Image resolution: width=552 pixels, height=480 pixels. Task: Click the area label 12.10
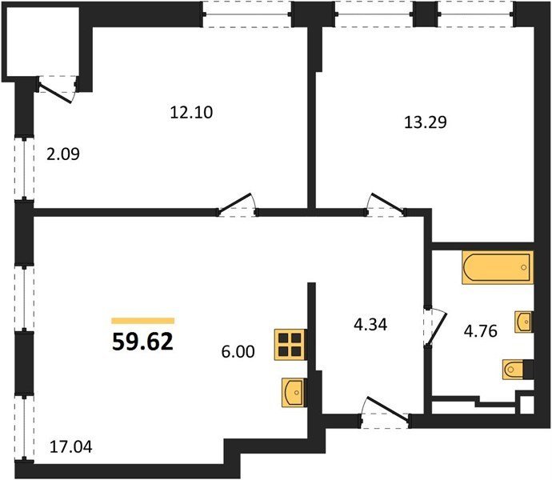pos(191,113)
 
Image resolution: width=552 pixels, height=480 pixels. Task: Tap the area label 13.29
pos(426,122)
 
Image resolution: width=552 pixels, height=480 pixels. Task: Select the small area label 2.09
pos(63,154)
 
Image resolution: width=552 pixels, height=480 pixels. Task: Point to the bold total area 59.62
pos(143,342)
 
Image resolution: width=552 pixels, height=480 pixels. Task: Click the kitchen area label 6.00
pos(238,352)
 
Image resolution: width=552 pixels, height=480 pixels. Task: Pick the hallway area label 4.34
pos(370,325)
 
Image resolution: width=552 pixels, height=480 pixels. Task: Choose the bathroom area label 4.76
pos(481,331)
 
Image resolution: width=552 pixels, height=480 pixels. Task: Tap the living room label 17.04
pos(71,447)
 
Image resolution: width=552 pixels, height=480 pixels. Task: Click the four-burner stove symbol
pos(290,345)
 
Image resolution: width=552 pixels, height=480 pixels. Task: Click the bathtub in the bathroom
pos(498,267)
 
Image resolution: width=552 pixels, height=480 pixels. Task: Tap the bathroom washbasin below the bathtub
pos(524,322)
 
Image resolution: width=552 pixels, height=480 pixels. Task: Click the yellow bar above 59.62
pos(143,321)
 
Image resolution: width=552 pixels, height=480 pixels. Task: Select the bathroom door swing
pos(435,327)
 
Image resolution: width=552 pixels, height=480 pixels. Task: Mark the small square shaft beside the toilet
pos(526,405)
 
